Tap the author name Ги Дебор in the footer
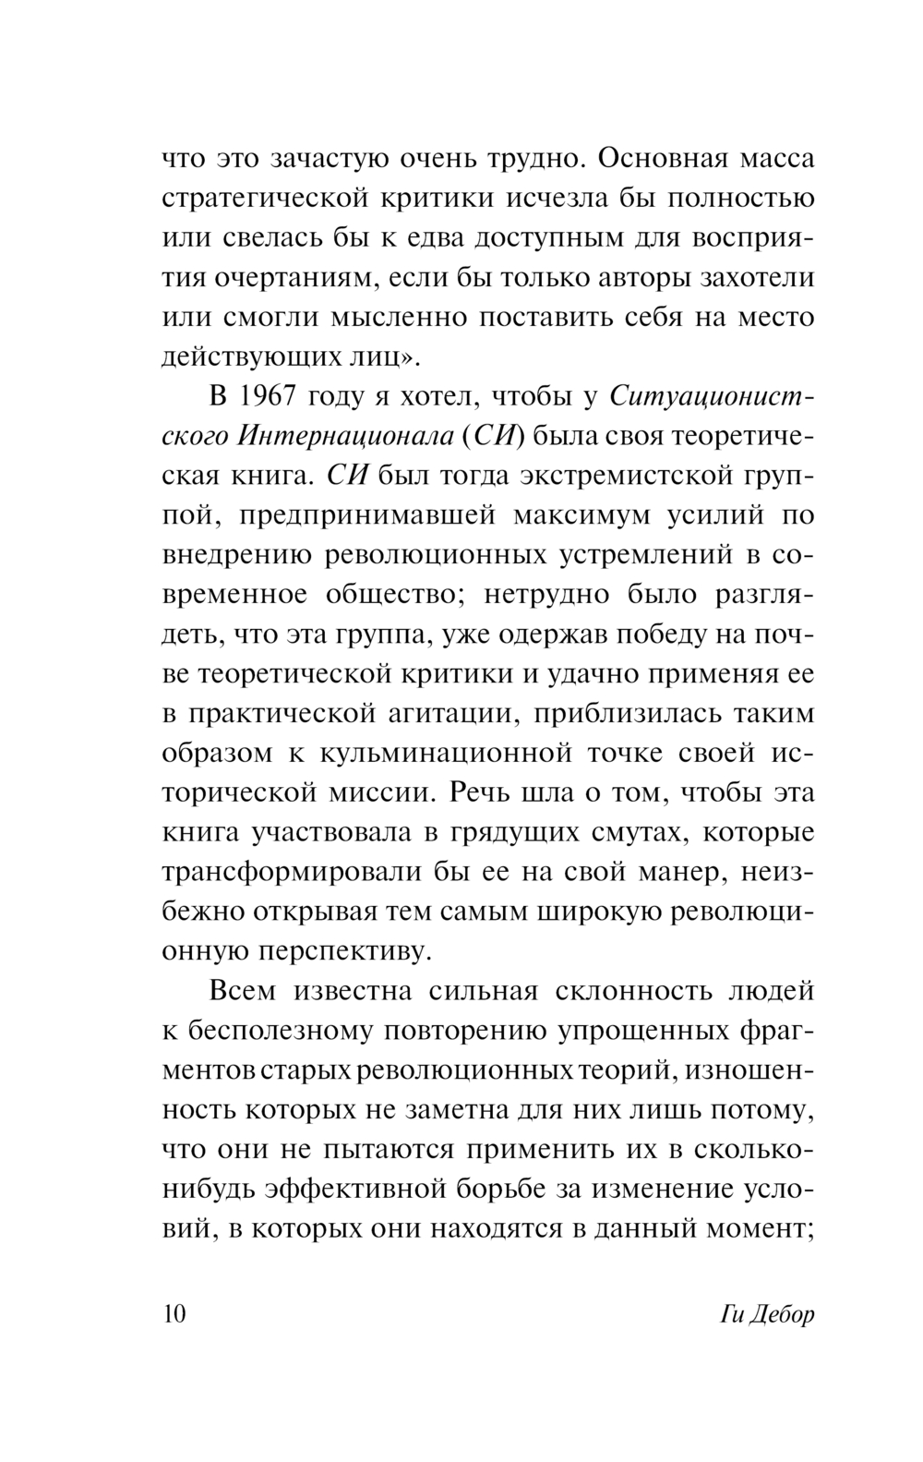765,1313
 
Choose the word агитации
426,714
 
